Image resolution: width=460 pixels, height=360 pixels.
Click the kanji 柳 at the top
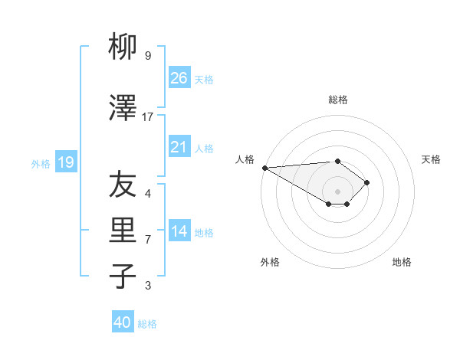click(x=123, y=47)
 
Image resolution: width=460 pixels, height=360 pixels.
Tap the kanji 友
click(x=123, y=184)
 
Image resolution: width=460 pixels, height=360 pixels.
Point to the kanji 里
click(x=123, y=231)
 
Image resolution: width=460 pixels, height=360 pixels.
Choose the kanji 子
click(x=123, y=277)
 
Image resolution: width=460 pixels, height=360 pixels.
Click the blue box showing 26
click(x=179, y=77)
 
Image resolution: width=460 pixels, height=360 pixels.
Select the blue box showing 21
click(x=179, y=147)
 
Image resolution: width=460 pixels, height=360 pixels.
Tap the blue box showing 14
click(x=179, y=231)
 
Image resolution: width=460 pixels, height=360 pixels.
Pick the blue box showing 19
click(x=65, y=162)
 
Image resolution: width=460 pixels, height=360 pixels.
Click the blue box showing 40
click(x=123, y=322)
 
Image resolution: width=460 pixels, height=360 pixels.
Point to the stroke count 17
click(x=148, y=116)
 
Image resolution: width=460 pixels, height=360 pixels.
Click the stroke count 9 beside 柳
click(x=148, y=56)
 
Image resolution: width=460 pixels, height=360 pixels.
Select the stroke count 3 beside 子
click(x=148, y=286)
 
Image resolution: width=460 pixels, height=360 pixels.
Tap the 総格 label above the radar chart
click(x=337, y=100)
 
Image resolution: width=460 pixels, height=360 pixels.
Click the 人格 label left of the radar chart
click(x=245, y=159)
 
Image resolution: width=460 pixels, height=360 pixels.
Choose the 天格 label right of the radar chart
click(x=432, y=159)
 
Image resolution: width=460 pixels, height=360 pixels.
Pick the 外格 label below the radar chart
click(x=270, y=262)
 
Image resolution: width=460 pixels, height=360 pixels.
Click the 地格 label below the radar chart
click(x=402, y=262)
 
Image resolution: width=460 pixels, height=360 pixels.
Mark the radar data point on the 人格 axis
click(x=264, y=167)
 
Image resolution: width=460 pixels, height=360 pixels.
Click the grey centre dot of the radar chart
click(x=337, y=190)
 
